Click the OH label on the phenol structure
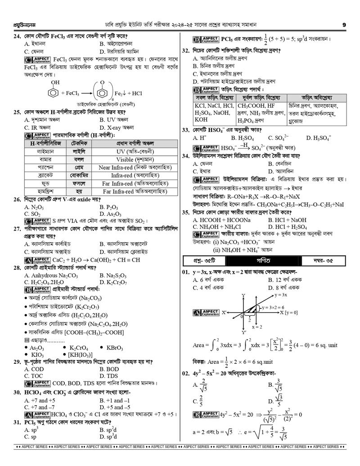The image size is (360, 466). [x=56, y=82]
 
